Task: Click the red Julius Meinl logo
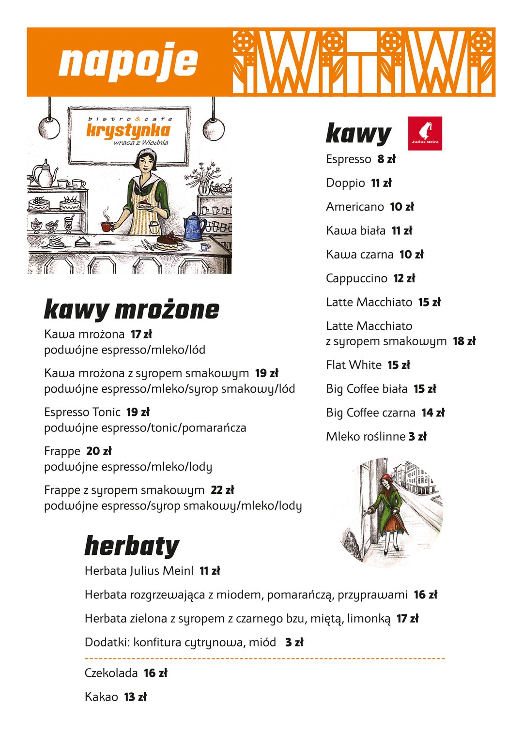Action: coord(425,133)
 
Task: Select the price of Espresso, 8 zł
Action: coord(386,159)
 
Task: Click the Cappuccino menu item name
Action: coord(356,278)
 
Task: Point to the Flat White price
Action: coord(399,365)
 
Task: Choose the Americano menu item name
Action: coord(354,207)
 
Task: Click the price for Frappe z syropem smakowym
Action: coord(222,490)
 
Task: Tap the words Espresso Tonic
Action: coord(82,412)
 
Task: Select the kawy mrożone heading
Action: coord(131,310)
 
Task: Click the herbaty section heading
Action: coord(132,547)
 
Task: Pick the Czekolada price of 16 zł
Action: coord(155,673)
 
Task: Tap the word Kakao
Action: coord(101,697)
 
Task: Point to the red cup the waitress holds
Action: coord(106,226)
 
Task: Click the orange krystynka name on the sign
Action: coord(128,130)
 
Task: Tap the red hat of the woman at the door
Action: coord(386,478)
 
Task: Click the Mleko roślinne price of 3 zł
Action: coord(417,437)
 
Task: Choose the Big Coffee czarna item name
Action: coord(370,413)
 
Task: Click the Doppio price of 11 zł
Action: coord(381,183)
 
